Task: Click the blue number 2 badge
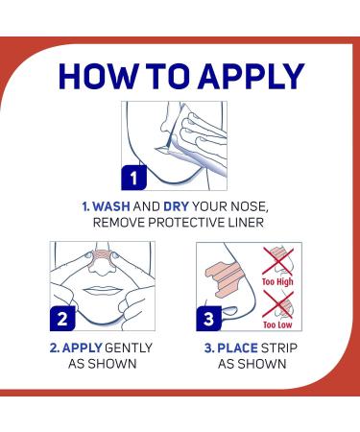click(61, 319)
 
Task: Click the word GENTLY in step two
click(126, 348)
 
